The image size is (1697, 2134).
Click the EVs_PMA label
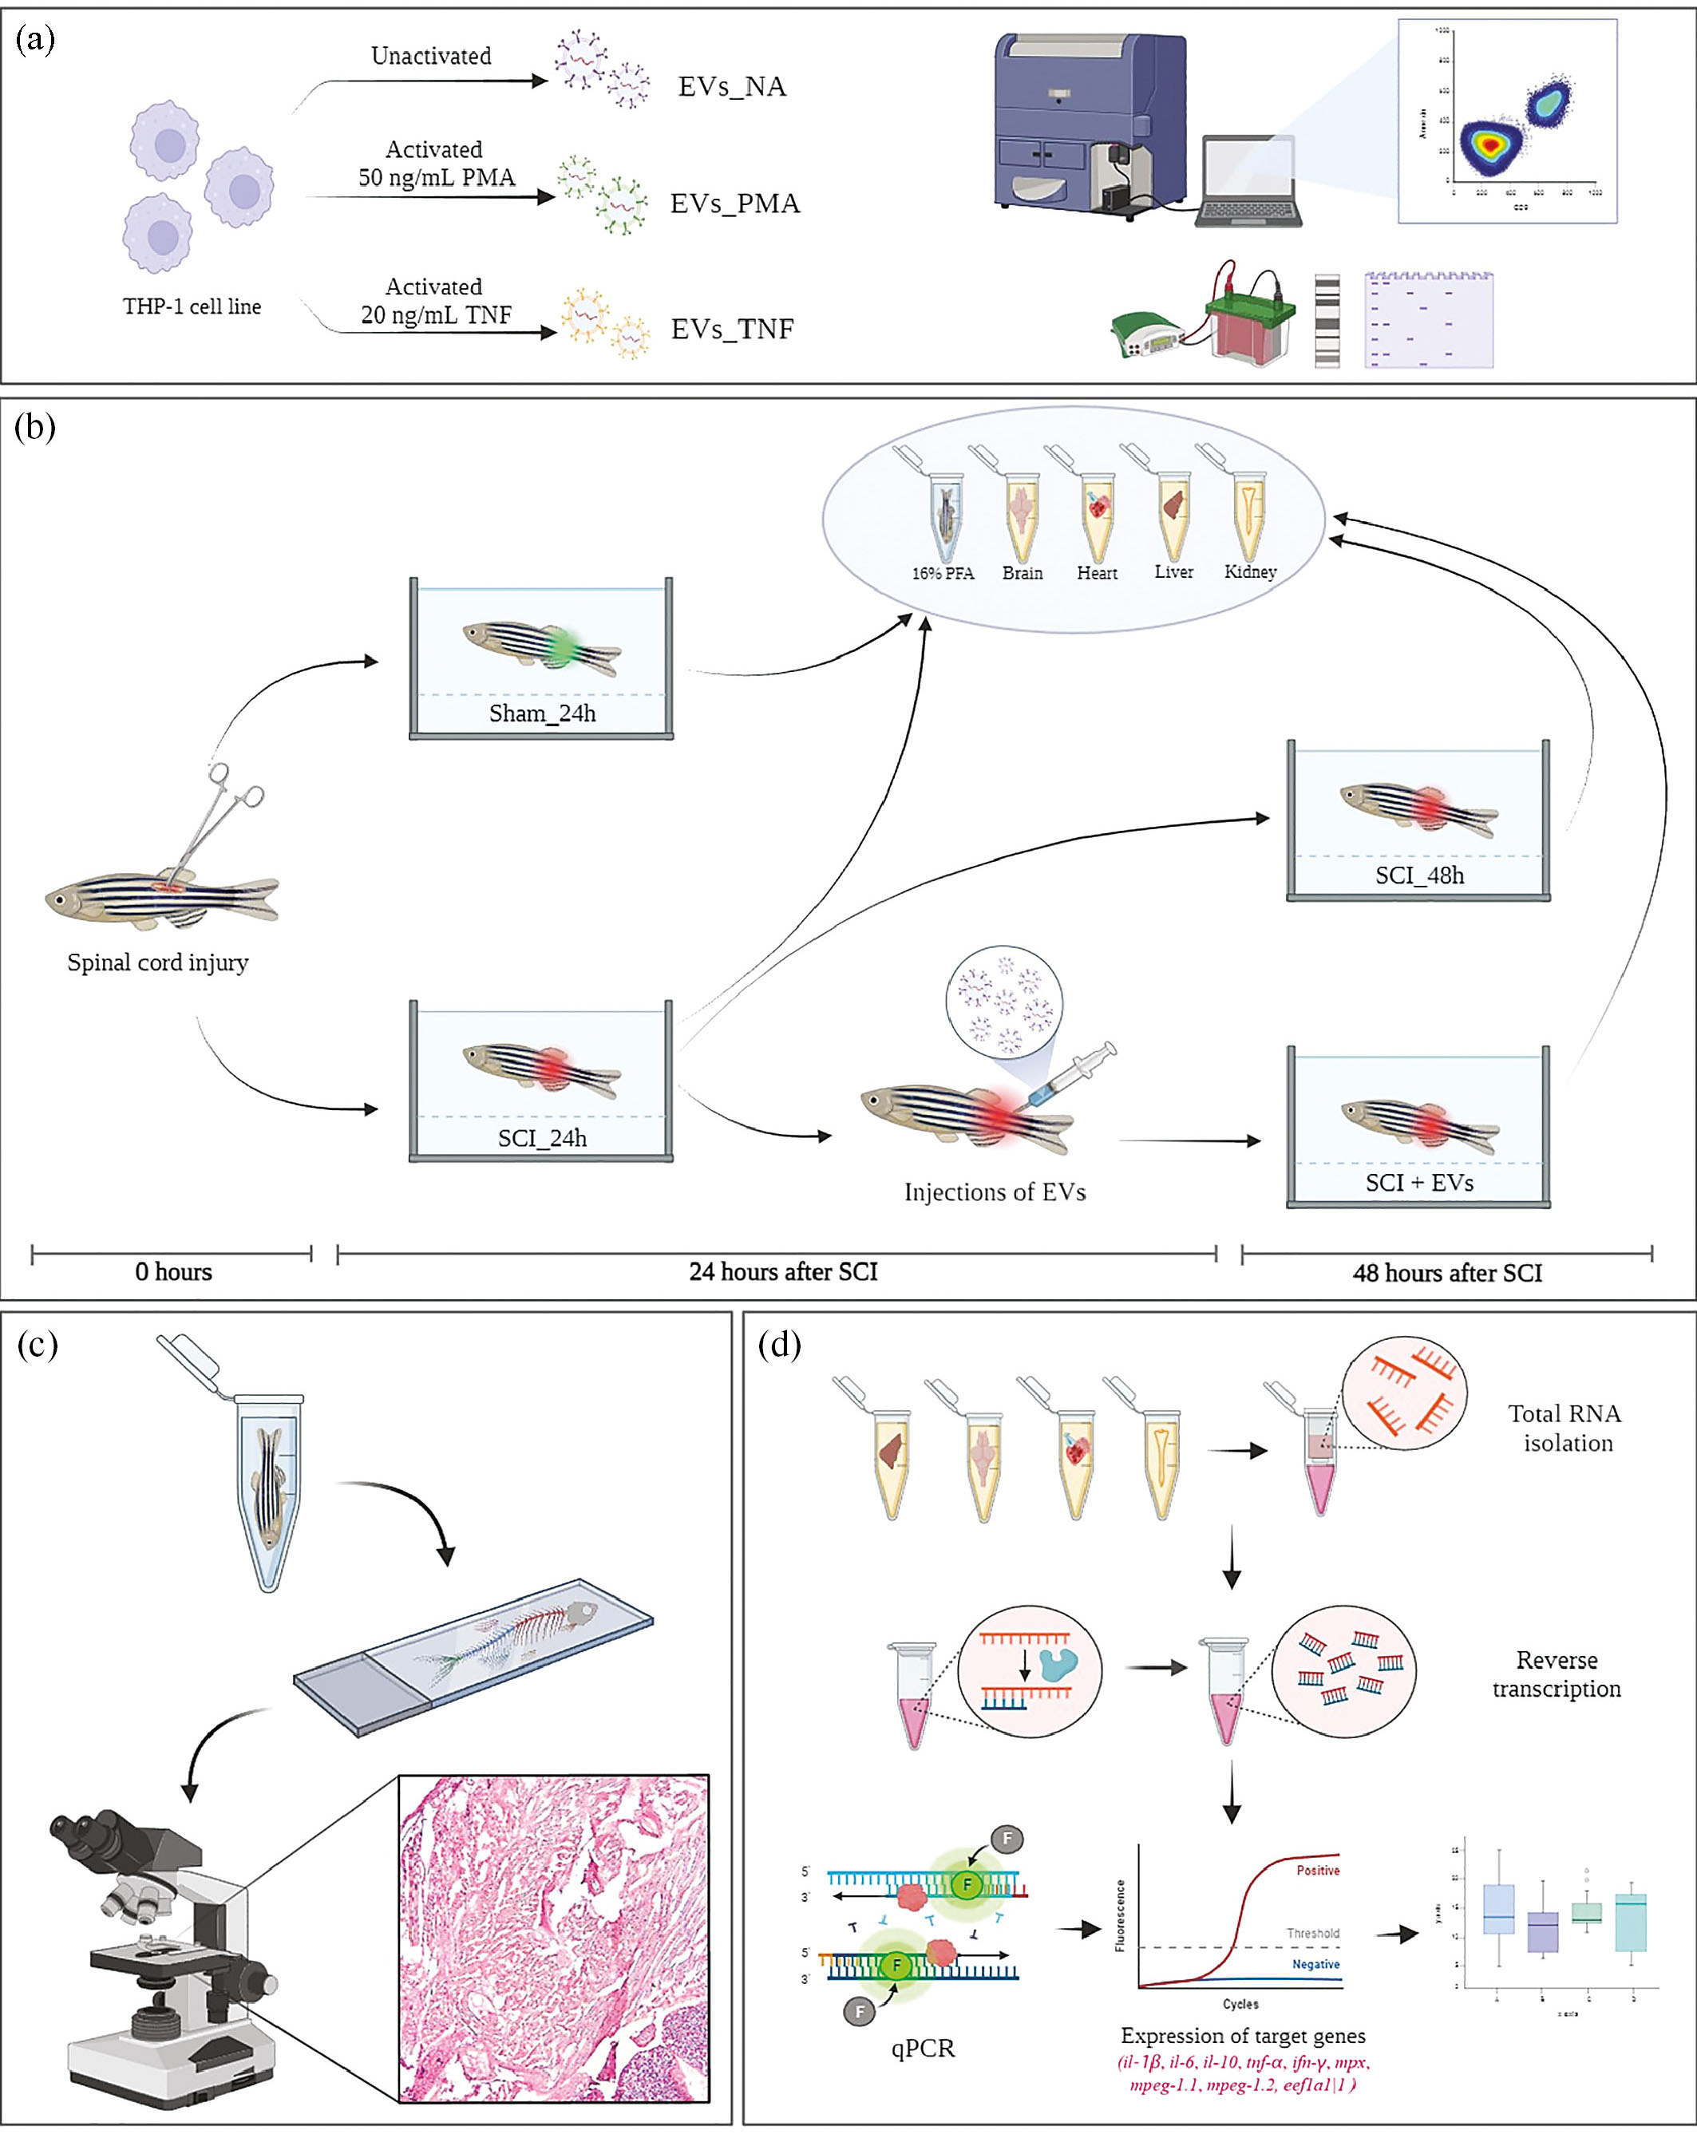(734, 204)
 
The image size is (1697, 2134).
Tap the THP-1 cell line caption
(192, 306)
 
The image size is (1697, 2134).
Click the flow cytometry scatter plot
(1507, 121)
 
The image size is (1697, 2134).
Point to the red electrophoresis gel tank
(1249, 326)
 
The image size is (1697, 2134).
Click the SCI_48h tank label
(1418, 875)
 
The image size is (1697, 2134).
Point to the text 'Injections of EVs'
(995, 1191)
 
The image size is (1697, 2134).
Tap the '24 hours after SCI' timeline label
(783, 1272)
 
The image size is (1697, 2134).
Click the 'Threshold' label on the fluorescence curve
(1313, 1932)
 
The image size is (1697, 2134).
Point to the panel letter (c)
(38, 1346)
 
